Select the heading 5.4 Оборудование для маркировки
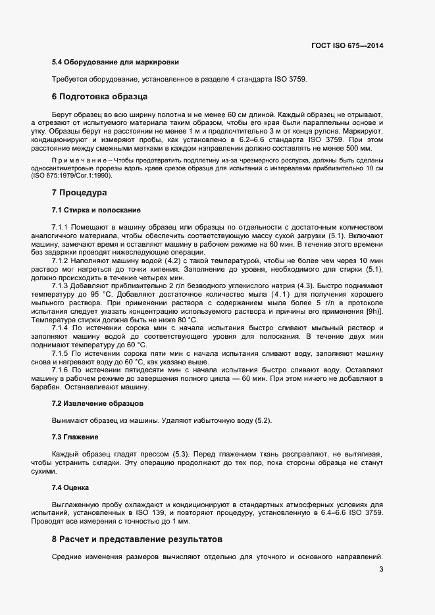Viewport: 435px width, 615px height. [x=115, y=62]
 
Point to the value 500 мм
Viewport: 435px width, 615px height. [x=369, y=149]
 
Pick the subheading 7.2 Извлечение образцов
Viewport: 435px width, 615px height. [x=98, y=403]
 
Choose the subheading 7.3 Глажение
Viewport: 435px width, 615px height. [x=75, y=437]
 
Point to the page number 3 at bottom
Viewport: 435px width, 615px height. [x=381, y=570]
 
